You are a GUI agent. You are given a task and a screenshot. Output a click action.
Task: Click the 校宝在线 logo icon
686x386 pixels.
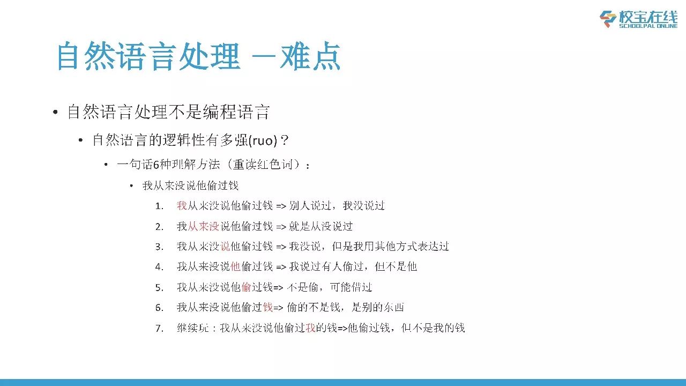tap(608, 19)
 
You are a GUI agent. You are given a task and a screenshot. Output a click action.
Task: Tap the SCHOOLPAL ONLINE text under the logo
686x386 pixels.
tap(648, 26)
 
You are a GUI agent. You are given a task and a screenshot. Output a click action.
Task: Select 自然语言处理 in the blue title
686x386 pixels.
tap(148, 56)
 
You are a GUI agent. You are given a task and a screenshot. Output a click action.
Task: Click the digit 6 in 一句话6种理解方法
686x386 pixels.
tap(156, 165)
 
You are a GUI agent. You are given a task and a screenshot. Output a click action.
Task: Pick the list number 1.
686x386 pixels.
tap(159, 206)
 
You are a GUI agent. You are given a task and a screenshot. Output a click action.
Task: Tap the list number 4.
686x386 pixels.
tap(159, 267)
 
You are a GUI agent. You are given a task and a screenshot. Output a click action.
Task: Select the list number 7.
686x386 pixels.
tap(159, 329)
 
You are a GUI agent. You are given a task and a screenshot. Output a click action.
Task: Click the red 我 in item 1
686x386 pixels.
tap(182, 205)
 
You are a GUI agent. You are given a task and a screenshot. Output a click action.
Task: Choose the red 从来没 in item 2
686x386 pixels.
tap(203, 226)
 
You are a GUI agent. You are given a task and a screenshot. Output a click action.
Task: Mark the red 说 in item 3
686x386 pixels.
tap(225, 246)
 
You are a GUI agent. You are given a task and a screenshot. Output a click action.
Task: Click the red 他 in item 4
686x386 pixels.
tap(235, 266)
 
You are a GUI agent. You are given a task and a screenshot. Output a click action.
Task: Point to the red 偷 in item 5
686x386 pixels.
tap(246, 287)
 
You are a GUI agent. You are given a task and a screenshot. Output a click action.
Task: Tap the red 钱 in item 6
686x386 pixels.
tap(267, 307)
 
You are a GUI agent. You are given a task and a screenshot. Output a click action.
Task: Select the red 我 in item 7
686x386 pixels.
tap(310, 328)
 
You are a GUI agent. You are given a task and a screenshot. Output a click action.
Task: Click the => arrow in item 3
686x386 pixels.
tap(281, 247)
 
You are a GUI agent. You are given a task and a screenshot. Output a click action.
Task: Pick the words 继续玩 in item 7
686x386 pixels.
tap(192, 328)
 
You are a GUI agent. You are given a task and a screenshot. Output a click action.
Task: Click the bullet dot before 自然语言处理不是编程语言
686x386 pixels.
tap(55, 112)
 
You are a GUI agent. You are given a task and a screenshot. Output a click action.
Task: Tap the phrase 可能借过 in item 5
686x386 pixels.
tap(351, 287)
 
